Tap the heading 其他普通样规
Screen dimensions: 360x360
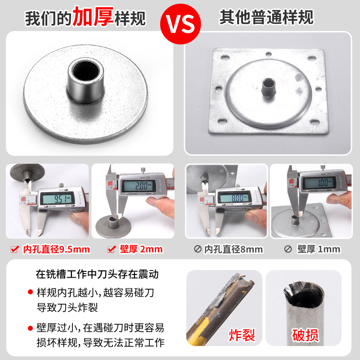(x=266, y=17)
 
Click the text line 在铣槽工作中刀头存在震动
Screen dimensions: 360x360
(x=97, y=274)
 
